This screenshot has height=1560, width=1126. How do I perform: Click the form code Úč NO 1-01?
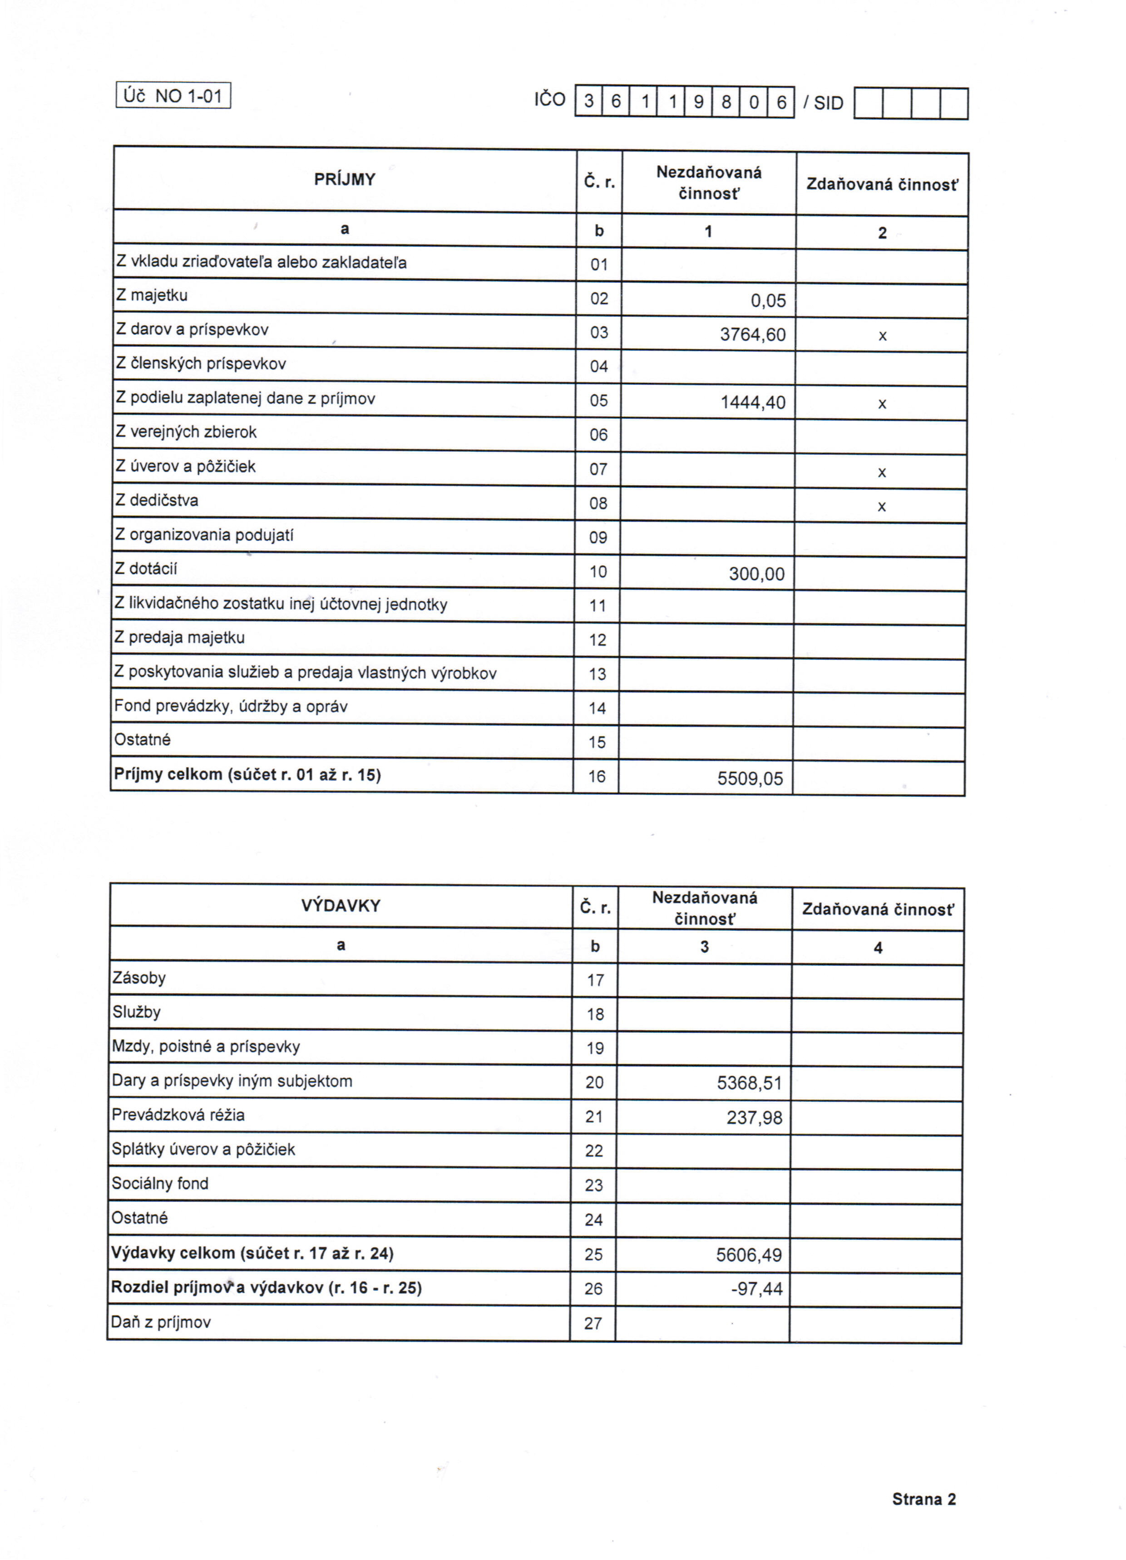[x=173, y=96]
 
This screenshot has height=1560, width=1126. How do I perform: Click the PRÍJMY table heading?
[x=345, y=180]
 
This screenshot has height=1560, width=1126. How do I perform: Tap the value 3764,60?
[x=752, y=335]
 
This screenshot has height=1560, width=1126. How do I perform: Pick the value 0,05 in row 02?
[x=768, y=300]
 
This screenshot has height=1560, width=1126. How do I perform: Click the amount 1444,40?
[x=753, y=403]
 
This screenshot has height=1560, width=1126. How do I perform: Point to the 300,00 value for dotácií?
[x=756, y=574]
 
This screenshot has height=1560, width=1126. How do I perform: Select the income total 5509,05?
[x=750, y=778]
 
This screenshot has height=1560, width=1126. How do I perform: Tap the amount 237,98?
[x=754, y=1118]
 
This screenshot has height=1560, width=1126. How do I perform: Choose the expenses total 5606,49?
[x=749, y=1255]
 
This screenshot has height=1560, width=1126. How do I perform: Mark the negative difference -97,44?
[x=757, y=1289]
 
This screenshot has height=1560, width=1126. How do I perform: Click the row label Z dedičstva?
[x=157, y=501]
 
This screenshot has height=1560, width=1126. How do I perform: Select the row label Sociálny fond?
[x=160, y=1184]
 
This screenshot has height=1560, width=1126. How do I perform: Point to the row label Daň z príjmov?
[x=161, y=1322]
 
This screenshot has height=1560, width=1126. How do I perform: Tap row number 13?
[x=598, y=674]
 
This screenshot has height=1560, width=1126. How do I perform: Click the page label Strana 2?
[x=924, y=1500]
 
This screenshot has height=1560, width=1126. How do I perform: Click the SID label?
[x=828, y=103]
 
